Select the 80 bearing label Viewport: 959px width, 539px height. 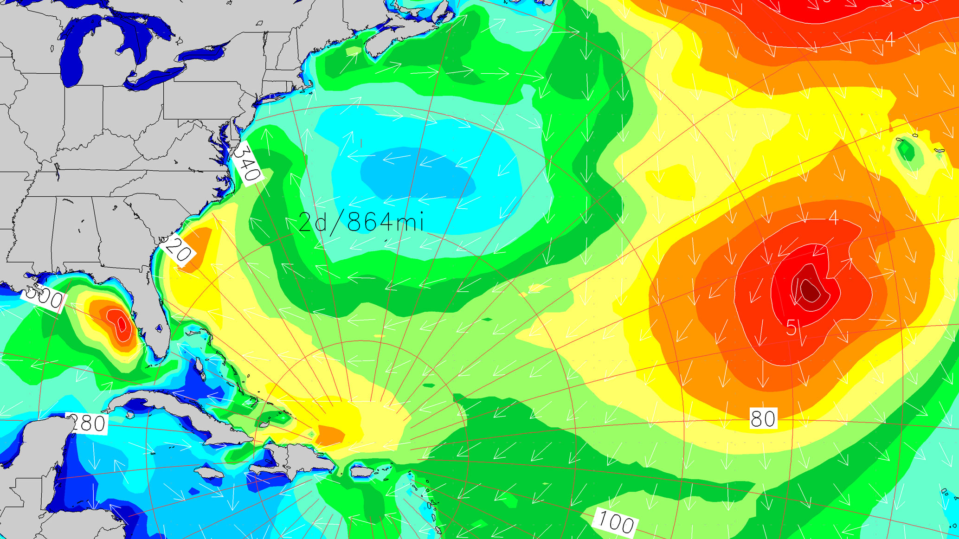click(x=763, y=418)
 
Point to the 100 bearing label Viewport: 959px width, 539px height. click(x=615, y=521)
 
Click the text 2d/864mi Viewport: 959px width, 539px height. click(x=361, y=222)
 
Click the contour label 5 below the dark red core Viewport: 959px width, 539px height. click(x=792, y=327)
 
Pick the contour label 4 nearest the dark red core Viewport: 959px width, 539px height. click(x=833, y=217)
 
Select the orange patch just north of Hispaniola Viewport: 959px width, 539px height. click(x=331, y=435)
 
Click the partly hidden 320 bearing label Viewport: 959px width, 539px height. click(x=179, y=251)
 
